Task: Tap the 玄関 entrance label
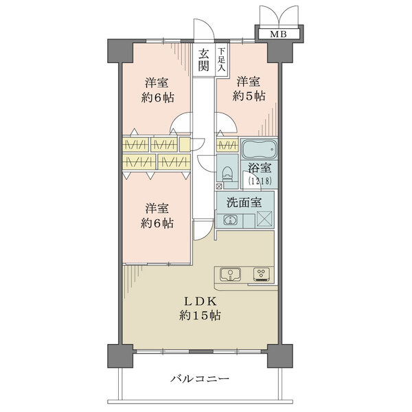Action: click(204, 60)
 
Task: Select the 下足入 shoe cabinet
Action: click(222, 60)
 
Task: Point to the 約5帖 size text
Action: click(249, 96)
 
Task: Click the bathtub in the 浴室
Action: click(259, 149)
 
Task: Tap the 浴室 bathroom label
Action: click(257, 167)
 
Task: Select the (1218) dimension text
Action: click(257, 180)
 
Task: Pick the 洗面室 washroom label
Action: click(246, 203)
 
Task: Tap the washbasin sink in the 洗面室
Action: click(231, 220)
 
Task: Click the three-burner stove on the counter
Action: click(261, 274)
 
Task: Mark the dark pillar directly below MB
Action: click(278, 49)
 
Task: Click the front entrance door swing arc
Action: click(201, 31)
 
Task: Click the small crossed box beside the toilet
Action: click(219, 185)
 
